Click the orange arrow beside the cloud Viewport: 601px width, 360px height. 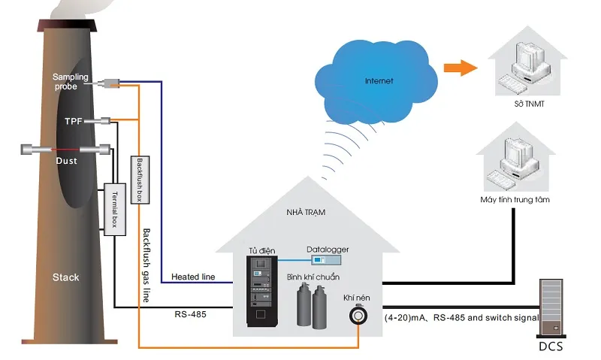[x=461, y=68]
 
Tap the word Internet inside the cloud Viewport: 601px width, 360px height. [x=379, y=81]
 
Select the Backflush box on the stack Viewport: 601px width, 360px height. [x=140, y=180]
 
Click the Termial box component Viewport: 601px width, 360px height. [x=115, y=210]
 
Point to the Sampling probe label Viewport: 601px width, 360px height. [x=71, y=81]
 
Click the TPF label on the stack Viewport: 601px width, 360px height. [x=73, y=121]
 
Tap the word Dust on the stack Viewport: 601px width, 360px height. [x=66, y=161]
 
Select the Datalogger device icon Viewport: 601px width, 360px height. [x=326, y=260]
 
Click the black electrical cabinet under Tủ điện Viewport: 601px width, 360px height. [x=261, y=291]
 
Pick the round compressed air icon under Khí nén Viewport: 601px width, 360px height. [x=358, y=315]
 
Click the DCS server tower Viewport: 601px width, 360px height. [x=551, y=308]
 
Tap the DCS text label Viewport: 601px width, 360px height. [x=551, y=346]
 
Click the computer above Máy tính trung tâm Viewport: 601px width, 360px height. [x=515, y=164]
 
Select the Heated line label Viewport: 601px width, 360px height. [x=193, y=277]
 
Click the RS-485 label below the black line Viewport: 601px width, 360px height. [x=190, y=314]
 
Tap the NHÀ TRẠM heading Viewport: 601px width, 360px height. [x=306, y=212]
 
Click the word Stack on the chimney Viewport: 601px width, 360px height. [x=65, y=277]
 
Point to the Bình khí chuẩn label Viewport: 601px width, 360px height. [x=313, y=277]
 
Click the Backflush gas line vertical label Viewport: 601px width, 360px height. [x=146, y=265]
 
